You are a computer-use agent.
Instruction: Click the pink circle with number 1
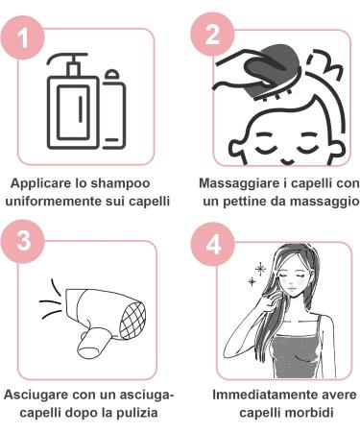[23, 37]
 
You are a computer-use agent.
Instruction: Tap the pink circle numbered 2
[212, 35]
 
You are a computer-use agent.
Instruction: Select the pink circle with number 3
[23, 242]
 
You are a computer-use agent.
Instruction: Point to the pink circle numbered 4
[213, 245]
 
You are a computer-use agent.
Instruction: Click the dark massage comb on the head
[268, 74]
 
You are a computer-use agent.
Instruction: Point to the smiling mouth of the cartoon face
[287, 160]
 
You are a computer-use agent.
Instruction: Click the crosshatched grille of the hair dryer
[132, 321]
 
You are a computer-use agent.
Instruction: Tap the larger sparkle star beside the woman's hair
[260, 269]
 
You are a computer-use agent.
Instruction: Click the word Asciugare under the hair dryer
[35, 395]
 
